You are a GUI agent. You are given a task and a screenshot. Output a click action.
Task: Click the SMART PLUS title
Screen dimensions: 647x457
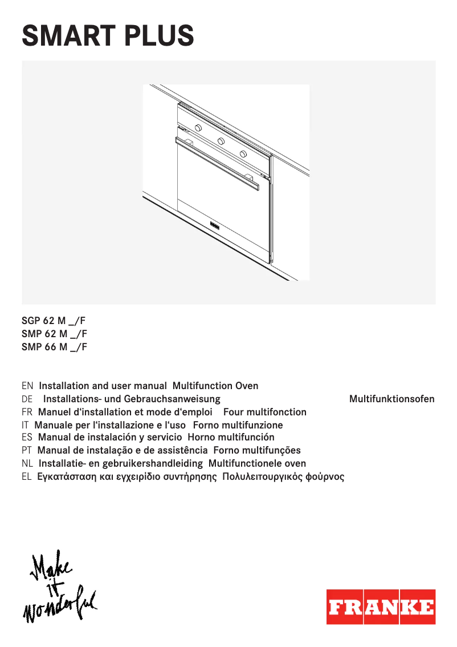pyautogui.click(x=108, y=35)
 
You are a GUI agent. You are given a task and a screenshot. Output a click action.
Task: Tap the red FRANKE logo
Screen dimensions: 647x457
pyautogui.click(x=381, y=606)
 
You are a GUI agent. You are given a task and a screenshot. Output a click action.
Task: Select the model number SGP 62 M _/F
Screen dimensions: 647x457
pyautogui.click(x=54, y=321)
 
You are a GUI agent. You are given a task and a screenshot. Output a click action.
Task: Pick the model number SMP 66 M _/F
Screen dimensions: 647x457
pyautogui.click(x=54, y=346)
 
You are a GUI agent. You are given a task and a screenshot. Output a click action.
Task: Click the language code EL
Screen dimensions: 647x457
pyautogui.click(x=27, y=477)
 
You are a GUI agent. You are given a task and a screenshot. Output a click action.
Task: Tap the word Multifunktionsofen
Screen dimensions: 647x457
pyautogui.click(x=391, y=399)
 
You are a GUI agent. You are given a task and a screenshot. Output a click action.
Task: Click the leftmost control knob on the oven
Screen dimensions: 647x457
pyautogui.click(x=197, y=127)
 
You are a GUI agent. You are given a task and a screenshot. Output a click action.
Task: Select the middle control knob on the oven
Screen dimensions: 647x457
pyautogui.click(x=221, y=141)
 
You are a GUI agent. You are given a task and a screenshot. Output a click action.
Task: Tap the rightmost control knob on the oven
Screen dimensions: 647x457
pyautogui.click(x=243, y=154)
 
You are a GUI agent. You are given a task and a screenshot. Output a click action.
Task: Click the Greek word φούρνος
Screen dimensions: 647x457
pyautogui.click(x=325, y=477)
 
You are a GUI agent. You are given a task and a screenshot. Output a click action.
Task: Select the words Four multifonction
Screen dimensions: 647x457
pyautogui.click(x=265, y=412)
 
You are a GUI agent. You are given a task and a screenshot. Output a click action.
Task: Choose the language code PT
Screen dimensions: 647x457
pyautogui.click(x=27, y=451)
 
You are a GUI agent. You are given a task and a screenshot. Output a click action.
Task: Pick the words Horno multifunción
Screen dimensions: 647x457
pyautogui.click(x=231, y=438)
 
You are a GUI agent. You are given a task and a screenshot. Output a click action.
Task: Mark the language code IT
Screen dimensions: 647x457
pyautogui.click(x=25, y=425)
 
